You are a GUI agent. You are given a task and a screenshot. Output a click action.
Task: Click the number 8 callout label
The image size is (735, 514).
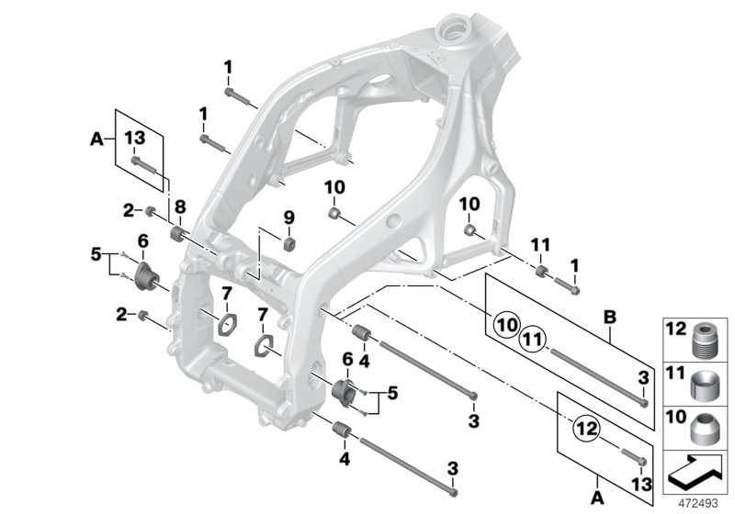(x=180, y=207)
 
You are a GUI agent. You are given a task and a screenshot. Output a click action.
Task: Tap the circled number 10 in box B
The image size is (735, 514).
(x=506, y=323)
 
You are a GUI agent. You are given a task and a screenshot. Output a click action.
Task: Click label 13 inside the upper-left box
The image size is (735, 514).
(x=134, y=137)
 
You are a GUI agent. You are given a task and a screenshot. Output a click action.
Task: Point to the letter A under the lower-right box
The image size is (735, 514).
(x=600, y=497)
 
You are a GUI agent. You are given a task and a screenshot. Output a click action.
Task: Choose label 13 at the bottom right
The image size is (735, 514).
(x=642, y=483)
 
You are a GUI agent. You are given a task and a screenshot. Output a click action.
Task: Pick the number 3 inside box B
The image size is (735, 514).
(x=643, y=377)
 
